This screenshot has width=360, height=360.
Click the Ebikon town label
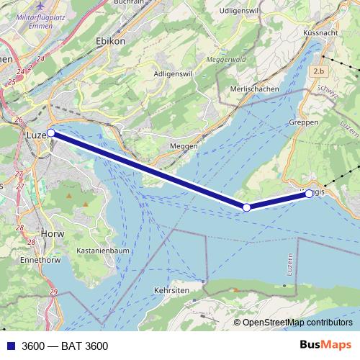[110, 42]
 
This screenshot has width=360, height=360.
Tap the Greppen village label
[303, 123]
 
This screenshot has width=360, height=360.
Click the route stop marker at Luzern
[51, 133]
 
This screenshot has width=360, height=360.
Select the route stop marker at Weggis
[309, 194]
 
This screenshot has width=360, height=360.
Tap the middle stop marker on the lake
[246, 207]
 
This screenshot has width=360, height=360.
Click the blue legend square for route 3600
[9, 346]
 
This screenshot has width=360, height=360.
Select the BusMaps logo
[325, 346]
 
